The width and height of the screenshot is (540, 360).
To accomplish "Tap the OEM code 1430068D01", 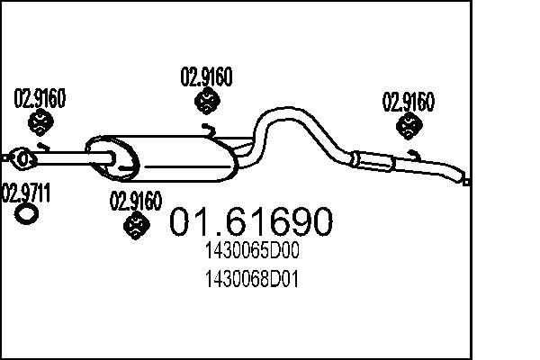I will point(251,280).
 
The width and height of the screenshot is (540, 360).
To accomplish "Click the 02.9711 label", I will point(28,192).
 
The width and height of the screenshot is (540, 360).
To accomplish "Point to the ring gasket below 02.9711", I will point(28,213).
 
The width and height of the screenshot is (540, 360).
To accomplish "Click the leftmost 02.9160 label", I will point(39,97).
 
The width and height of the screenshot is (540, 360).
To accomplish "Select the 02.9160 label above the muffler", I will point(207,77).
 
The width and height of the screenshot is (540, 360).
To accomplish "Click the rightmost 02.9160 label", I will point(409,100).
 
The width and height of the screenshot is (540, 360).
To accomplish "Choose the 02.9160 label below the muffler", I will point(135,201).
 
